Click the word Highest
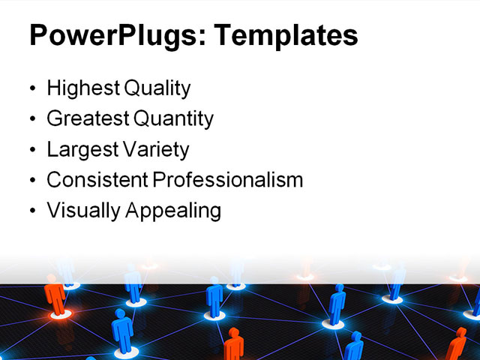82,88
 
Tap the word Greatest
87,118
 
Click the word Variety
157,149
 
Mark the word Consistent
97,180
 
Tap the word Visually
82,211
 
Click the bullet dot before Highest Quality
31,89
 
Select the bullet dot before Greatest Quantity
31,120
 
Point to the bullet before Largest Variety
31,151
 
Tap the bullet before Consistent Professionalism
31,181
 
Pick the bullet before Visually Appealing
31,212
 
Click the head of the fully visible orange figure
52,279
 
